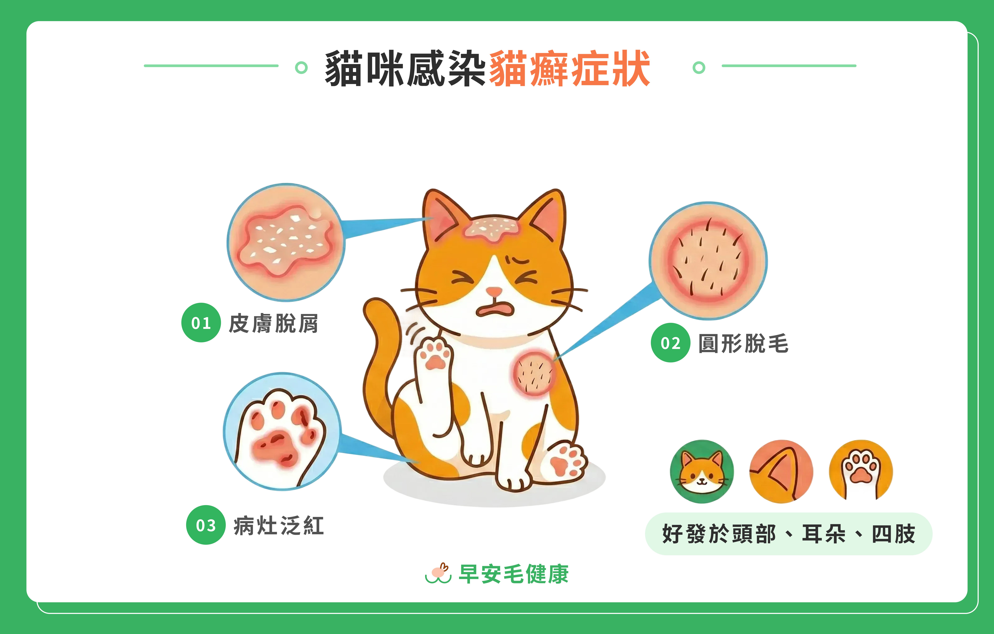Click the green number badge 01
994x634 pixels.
pos(201,323)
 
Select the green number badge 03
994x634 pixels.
pos(206,525)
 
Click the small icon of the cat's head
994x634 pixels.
pos(702,472)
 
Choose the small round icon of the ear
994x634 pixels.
pos(781,472)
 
